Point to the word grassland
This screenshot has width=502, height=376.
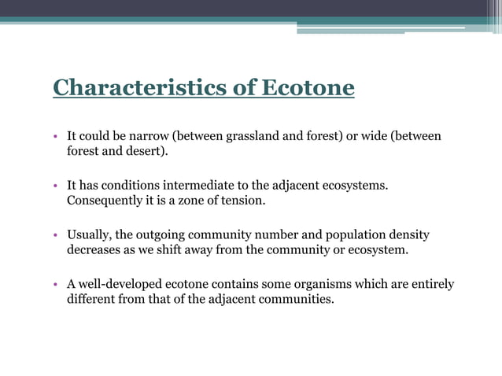[250, 137]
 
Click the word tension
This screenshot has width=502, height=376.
[242, 201]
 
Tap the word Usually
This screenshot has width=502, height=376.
[88, 235]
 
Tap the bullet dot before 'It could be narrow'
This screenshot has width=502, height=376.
[57, 138]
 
